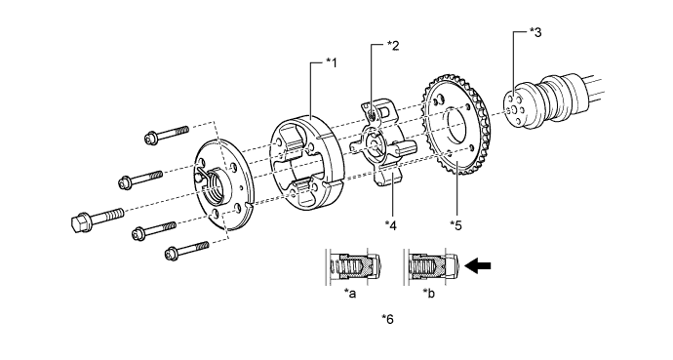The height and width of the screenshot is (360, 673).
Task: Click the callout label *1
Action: [x=332, y=63]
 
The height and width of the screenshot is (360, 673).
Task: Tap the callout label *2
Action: [x=393, y=46]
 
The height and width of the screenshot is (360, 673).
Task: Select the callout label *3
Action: [x=535, y=32]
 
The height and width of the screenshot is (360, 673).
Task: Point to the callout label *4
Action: [x=391, y=224]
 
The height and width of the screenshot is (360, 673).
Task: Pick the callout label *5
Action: [x=455, y=224]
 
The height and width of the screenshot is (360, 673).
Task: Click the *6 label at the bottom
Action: [x=387, y=319]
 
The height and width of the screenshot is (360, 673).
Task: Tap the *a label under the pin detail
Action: [x=350, y=294]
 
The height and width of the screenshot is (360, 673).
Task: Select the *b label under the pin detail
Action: [x=429, y=294]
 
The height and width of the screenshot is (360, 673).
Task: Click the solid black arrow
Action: [x=478, y=265]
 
